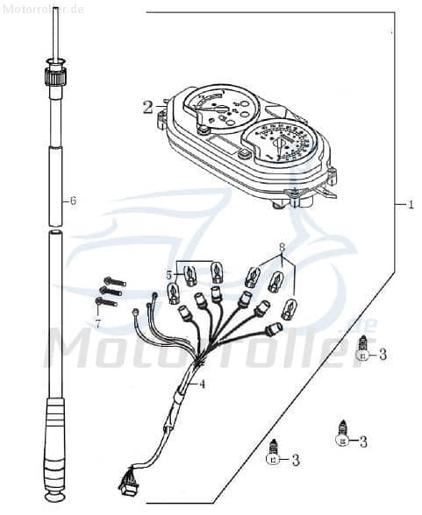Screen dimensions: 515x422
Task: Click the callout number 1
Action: click(410, 205)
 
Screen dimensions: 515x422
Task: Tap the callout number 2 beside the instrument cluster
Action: click(147, 108)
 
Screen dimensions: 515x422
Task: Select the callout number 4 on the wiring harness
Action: click(202, 383)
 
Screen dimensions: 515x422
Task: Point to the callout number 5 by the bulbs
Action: click(168, 274)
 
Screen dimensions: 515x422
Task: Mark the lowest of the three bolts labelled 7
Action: click(105, 302)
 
